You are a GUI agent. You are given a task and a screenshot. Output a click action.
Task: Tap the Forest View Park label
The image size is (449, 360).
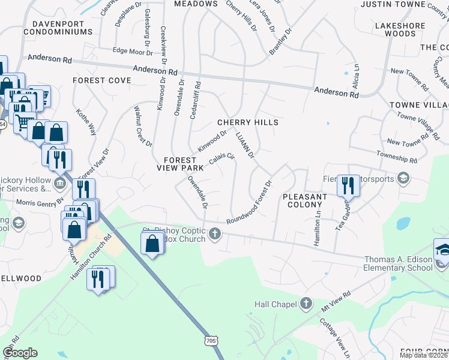pos(180,164)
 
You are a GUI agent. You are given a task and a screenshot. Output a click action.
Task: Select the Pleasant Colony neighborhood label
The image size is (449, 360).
pos(305,200)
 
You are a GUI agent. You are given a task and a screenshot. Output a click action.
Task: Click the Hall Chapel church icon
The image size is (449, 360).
pos(307,304)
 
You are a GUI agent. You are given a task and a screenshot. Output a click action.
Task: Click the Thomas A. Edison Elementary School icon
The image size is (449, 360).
pos(442,248)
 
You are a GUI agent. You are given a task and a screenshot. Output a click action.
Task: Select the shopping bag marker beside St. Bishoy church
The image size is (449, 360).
pos(152,243)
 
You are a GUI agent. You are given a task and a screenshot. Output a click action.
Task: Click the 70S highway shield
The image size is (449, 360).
pos(209,341)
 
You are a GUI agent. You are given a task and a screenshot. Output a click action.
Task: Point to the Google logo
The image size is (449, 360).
pos(20,353)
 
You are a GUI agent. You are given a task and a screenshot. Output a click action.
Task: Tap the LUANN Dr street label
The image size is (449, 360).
pos(246,146)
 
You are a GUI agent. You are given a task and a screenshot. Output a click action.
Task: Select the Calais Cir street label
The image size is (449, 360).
pos(221,159)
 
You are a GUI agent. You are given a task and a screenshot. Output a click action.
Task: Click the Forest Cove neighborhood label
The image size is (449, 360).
pos(101,80)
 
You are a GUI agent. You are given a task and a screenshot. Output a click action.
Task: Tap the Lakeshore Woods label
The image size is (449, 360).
pos(395,30)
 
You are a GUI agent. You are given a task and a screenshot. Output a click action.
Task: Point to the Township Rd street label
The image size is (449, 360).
pos(397,158)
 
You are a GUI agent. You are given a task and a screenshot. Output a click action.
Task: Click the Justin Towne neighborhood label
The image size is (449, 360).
pos(392,4)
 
